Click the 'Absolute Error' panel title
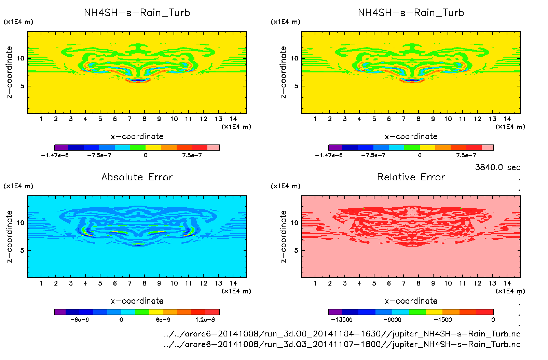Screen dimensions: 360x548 [137, 177]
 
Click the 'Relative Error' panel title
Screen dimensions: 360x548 [411, 177]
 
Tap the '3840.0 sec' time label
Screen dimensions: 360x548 [497, 167]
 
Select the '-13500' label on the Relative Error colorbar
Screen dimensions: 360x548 [342, 320]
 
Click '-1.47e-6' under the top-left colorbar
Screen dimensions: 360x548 [55, 155]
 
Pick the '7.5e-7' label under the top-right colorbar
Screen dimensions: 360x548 [466, 155]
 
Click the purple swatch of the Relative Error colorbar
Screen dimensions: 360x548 [335, 312]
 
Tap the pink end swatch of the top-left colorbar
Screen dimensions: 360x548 [213, 148]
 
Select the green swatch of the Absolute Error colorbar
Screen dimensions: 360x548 [142, 312]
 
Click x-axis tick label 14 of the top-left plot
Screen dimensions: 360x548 [233, 119]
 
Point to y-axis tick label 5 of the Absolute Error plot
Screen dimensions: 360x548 [22, 250]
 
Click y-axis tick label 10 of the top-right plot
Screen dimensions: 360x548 [294, 58]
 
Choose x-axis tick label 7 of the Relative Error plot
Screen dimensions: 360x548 [403, 283]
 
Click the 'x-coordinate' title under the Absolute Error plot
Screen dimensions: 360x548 [137, 301]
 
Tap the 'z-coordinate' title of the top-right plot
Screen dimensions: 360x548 [283, 72]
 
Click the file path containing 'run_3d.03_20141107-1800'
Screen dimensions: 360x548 [342, 344]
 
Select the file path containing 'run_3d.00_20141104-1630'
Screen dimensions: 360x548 [342, 334]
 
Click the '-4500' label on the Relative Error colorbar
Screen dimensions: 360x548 [443, 320]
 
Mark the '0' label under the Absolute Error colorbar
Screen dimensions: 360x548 [121, 320]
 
